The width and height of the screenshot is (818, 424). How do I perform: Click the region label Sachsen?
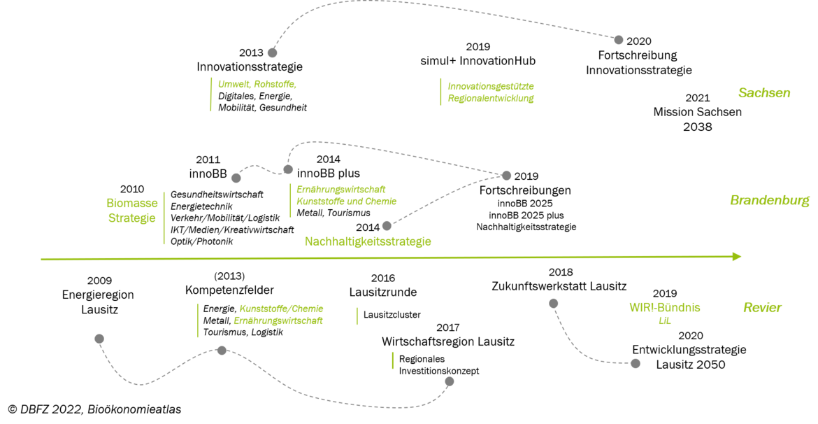[x=764, y=93]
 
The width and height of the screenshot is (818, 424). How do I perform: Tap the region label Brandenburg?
[x=770, y=200]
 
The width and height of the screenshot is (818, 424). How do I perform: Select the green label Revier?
[x=762, y=308]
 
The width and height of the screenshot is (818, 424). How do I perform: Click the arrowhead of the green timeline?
[x=737, y=256]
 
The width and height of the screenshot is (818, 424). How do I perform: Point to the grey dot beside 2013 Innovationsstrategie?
[x=273, y=52]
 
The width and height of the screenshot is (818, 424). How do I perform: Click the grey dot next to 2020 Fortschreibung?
[x=619, y=40]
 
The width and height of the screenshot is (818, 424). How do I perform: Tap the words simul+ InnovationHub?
[x=478, y=61]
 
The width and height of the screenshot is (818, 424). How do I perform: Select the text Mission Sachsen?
[x=698, y=112]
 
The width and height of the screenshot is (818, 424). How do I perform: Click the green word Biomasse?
[x=132, y=203]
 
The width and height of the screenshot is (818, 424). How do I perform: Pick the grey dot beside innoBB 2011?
[x=236, y=178]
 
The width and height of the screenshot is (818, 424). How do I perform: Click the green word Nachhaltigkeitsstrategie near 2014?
[x=368, y=242]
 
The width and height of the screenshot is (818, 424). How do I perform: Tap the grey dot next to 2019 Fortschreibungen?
[x=507, y=176]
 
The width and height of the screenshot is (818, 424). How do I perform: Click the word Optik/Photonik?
[x=202, y=242]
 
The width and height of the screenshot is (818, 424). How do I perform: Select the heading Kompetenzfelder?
[x=229, y=290]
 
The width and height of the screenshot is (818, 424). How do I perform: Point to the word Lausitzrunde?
[x=383, y=292]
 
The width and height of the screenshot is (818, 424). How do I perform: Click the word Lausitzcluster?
[x=392, y=315]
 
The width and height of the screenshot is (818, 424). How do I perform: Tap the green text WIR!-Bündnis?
[x=665, y=308]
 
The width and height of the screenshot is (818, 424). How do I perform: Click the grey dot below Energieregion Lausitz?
[x=99, y=339]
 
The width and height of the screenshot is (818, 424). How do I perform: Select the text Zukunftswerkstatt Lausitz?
[x=559, y=286]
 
